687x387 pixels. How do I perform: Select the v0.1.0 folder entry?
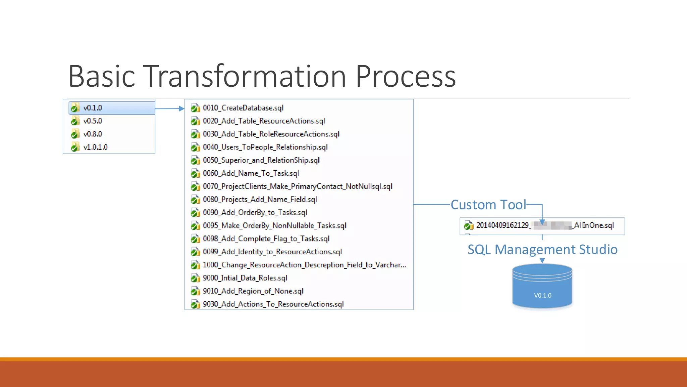point(93,108)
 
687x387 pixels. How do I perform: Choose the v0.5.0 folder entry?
point(93,121)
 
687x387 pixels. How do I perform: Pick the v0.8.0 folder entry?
point(93,134)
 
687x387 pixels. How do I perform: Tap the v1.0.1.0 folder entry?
point(95,147)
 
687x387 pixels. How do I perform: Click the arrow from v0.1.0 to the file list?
point(170,109)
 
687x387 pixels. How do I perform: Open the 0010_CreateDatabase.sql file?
point(243,108)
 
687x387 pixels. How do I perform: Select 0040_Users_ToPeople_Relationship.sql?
point(265,147)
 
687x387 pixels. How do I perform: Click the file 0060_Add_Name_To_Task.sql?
point(251,173)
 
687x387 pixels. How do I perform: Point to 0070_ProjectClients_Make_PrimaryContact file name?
point(297,186)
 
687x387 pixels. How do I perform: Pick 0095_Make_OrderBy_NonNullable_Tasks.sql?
point(274,226)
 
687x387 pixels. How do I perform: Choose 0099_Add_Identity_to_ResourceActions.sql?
point(272,252)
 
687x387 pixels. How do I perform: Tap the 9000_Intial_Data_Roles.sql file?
point(245,278)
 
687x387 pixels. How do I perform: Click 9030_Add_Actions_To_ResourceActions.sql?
point(273,304)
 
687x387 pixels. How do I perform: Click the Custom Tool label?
point(488,205)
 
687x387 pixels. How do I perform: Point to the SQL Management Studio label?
point(542,250)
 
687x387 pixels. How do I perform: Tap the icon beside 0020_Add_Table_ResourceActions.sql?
point(195,121)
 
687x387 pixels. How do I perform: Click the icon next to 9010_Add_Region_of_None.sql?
point(195,291)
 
